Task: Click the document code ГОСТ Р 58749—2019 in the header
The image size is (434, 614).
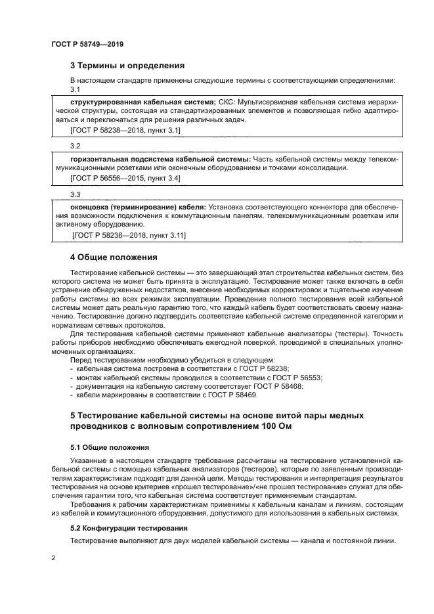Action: click(x=87, y=44)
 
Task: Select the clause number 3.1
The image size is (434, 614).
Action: click(x=75, y=89)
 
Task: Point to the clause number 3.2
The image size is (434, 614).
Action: click(x=75, y=145)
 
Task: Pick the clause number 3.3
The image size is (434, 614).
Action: click(x=75, y=194)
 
